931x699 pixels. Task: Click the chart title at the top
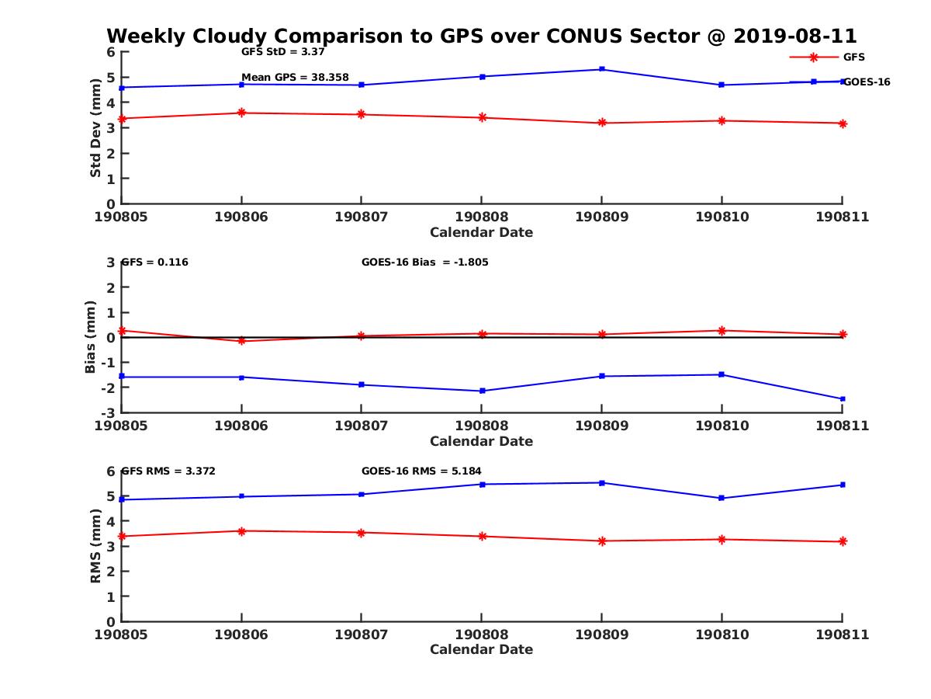481,36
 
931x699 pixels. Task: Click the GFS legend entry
853,57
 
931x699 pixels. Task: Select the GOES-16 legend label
867,82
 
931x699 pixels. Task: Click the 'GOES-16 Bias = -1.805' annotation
424,262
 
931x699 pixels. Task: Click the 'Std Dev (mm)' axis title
95,128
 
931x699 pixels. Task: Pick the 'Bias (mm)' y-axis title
91,337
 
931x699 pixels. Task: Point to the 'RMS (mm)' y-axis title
95,546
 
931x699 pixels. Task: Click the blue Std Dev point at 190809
602,69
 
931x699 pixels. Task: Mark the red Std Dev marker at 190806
241,113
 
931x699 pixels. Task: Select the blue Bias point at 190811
843,399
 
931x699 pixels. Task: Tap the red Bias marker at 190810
722,331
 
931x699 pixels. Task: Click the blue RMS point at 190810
722,498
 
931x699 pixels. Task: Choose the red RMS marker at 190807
362,532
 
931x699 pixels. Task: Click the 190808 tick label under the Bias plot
482,426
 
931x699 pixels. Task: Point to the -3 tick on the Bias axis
111,412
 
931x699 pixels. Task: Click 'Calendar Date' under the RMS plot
481,649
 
